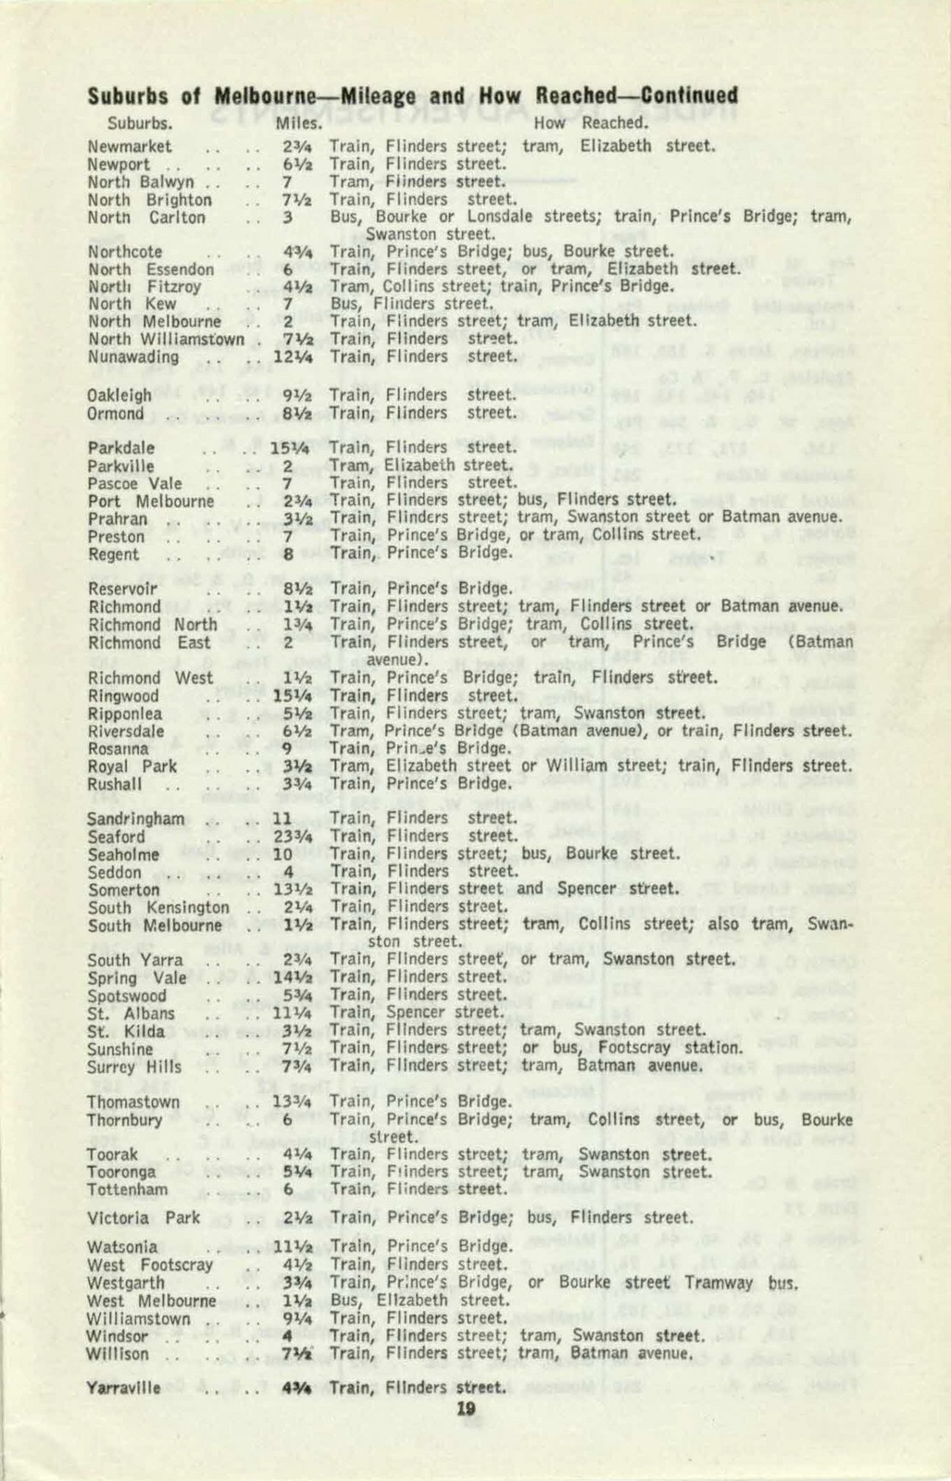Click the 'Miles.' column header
pyautogui.click(x=299, y=122)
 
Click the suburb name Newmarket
pyautogui.click(x=130, y=146)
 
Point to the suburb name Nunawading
pyautogui.click(x=133, y=356)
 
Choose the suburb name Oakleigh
pyautogui.click(x=119, y=395)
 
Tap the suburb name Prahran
pyautogui.click(x=118, y=519)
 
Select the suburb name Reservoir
pyautogui.click(x=122, y=589)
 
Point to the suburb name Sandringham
pyautogui.click(x=135, y=819)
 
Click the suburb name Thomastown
pyautogui.click(x=133, y=1102)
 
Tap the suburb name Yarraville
pyautogui.click(x=123, y=1388)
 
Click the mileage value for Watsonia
pyautogui.click(x=292, y=1247)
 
